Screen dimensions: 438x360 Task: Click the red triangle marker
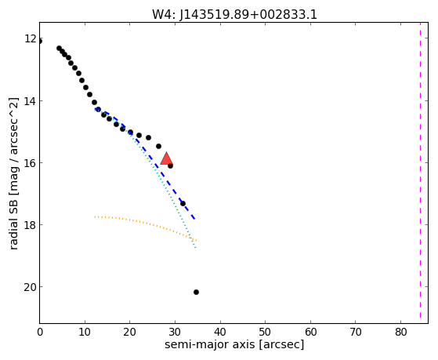click(x=166, y=158)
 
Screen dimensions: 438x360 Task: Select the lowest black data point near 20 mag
click(x=196, y=292)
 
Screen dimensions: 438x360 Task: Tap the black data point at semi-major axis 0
click(x=40, y=42)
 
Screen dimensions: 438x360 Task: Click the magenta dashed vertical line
click(x=420, y=173)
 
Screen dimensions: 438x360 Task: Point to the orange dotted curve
click(x=146, y=224)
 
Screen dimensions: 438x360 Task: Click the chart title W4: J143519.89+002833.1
click(x=234, y=15)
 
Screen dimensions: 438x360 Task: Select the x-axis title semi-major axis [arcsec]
click(x=234, y=344)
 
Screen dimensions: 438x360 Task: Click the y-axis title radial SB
click(x=13, y=173)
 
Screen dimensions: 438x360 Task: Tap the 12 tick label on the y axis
click(x=31, y=38)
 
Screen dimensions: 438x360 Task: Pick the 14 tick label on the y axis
click(x=31, y=100)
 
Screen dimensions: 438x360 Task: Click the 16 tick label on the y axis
click(x=31, y=162)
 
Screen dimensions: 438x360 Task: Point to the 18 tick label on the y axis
click(x=31, y=224)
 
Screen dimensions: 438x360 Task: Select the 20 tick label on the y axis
click(x=31, y=287)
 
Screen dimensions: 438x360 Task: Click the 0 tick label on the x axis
click(x=40, y=332)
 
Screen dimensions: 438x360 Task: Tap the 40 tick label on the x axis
click(x=220, y=332)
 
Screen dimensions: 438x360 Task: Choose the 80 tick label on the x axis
click(x=400, y=332)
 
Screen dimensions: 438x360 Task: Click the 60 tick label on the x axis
click(x=310, y=332)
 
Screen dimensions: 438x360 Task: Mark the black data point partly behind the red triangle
click(x=170, y=166)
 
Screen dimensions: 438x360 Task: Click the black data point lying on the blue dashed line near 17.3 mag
click(x=183, y=203)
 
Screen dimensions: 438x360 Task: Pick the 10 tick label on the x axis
click(x=85, y=332)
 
